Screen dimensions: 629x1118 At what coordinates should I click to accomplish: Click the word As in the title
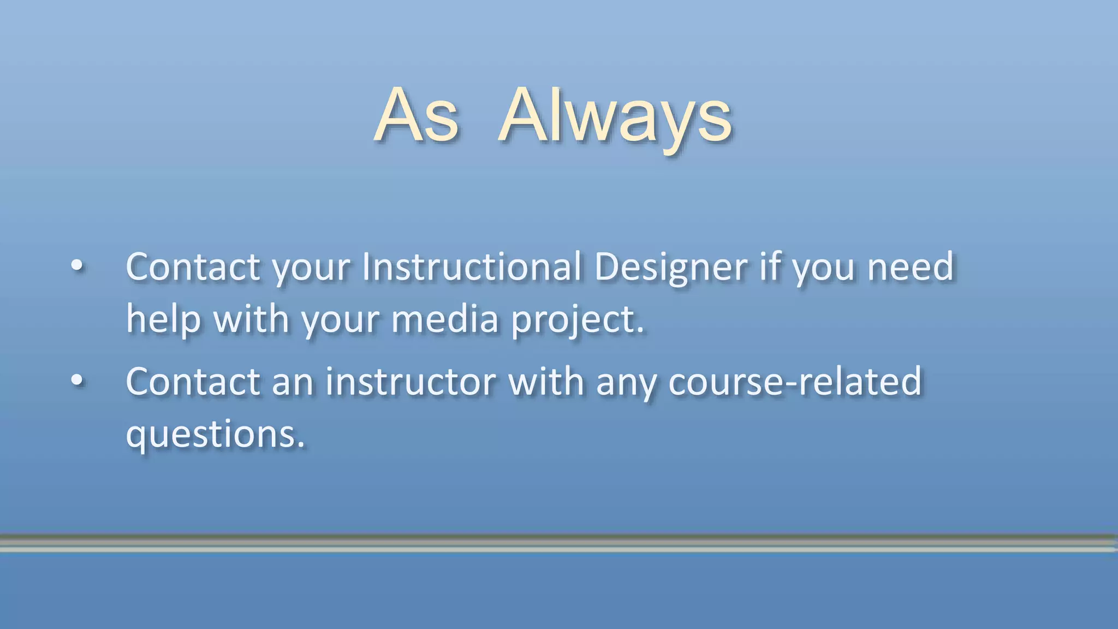click(417, 116)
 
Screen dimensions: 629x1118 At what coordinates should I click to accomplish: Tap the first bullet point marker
click(78, 266)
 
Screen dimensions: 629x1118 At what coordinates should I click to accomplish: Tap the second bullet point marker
click(78, 381)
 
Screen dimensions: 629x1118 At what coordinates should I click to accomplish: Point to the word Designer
click(670, 268)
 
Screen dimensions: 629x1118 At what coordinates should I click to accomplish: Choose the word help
click(163, 319)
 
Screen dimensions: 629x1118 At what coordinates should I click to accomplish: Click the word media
click(445, 319)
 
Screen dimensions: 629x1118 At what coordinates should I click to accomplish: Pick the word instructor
click(411, 381)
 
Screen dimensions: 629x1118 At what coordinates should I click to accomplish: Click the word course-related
click(795, 381)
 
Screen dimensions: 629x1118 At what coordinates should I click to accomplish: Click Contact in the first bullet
click(193, 267)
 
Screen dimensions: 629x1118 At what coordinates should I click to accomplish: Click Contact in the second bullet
click(193, 381)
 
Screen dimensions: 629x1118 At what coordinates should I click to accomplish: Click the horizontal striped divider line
click(559, 543)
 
